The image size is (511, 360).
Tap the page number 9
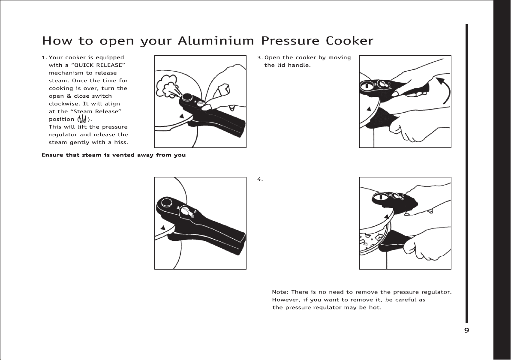pyautogui.click(x=467, y=330)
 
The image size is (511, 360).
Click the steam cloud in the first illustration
pyautogui.click(x=166, y=86)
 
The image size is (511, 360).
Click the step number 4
pyautogui.click(x=259, y=179)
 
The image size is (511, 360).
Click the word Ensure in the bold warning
pyautogui.click(x=52, y=155)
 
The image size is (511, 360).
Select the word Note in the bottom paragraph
pyautogui.click(x=280, y=292)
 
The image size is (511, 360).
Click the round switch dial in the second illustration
pyautogui.click(x=187, y=213)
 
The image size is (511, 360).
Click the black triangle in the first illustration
pyautogui.click(x=182, y=116)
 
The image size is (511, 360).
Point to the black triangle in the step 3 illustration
pyautogui.click(x=368, y=107)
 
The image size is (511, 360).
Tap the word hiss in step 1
pyautogui.click(x=120, y=142)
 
